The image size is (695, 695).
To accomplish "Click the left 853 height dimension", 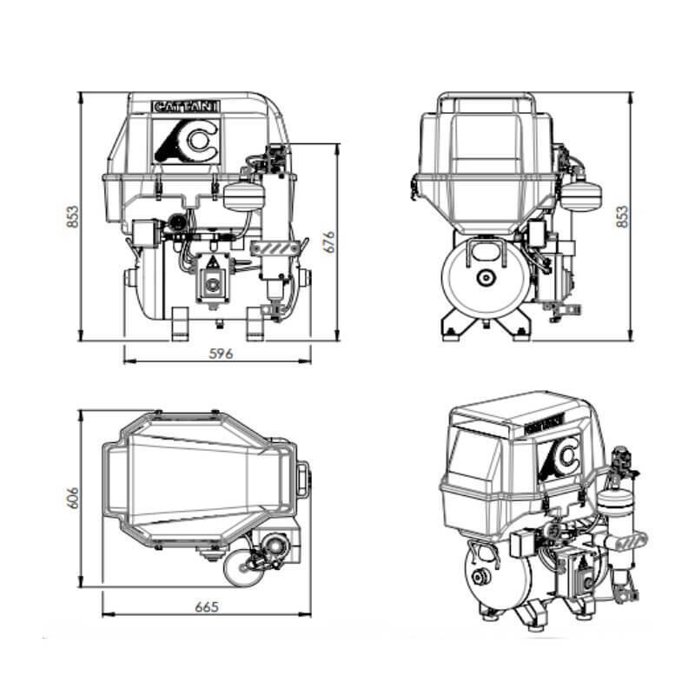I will click(x=73, y=216).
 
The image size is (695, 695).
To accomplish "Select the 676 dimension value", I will click(x=328, y=242).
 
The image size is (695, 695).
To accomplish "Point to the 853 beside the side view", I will click(x=621, y=216).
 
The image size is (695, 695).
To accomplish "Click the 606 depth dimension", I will click(x=73, y=497).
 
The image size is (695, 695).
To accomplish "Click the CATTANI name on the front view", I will click(x=186, y=106).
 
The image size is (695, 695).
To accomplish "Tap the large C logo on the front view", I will click(x=186, y=139).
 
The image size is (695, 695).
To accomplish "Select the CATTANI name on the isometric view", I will click(x=543, y=426).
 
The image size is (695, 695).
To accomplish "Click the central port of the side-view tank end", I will click(x=484, y=277).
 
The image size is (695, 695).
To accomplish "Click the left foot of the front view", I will click(x=180, y=324).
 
